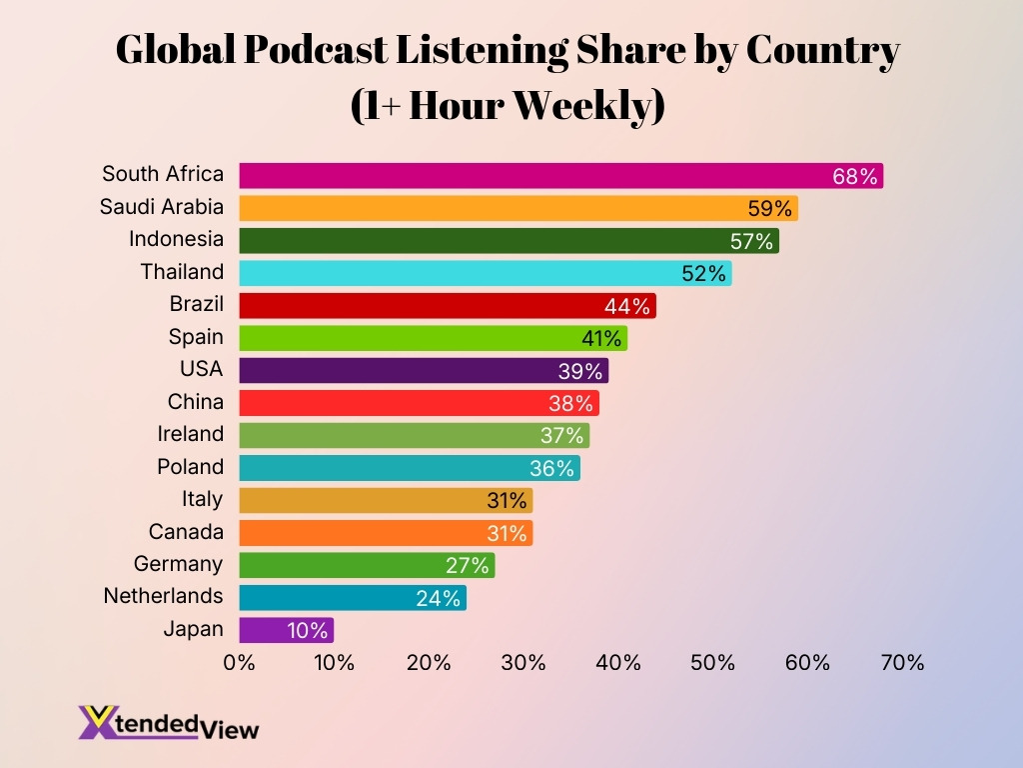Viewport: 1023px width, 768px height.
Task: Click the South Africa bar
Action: pyautogui.click(x=559, y=176)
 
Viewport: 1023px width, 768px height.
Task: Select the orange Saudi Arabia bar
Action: pyautogui.click(x=517, y=208)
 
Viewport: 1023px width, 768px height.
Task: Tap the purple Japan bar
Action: pyautogui.click(x=286, y=630)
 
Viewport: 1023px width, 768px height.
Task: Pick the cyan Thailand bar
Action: pyautogui.click(x=485, y=273)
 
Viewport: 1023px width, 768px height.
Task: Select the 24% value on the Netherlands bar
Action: pyautogui.click(x=439, y=598)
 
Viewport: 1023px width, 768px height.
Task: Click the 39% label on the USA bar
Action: pyautogui.click(x=580, y=371)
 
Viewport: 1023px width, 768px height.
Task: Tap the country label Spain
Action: pyautogui.click(x=196, y=337)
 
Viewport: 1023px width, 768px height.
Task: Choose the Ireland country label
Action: pyautogui.click(x=191, y=434)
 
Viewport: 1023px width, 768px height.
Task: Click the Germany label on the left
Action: pyautogui.click(x=179, y=564)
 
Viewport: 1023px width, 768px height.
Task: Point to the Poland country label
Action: pyautogui.click(x=191, y=467)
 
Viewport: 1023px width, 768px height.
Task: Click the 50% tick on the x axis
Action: pyautogui.click(x=713, y=662)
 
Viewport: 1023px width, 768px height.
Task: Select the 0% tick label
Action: pyautogui.click(x=240, y=662)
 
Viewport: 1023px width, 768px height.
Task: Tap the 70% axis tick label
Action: pyautogui.click(x=902, y=662)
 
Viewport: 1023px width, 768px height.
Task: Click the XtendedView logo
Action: pyautogui.click(x=169, y=722)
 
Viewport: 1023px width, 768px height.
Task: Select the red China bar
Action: pyautogui.click(x=419, y=403)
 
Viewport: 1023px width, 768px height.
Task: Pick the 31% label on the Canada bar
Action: pyautogui.click(x=506, y=533)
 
